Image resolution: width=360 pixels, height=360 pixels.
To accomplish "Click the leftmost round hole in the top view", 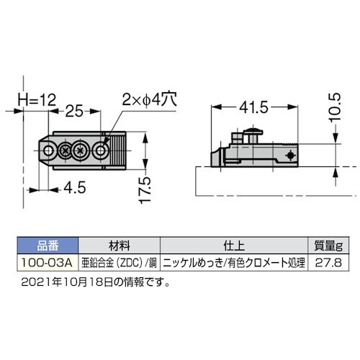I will pyautogui.click(x=50, y=151).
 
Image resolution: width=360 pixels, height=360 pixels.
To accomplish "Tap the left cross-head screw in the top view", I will pyautogui.click(x=67, y=151).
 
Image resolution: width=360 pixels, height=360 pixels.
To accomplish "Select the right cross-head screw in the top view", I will pyautogui.click(x=81, y=151).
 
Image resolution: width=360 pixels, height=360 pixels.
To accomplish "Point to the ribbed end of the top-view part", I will pyautogui.click(x=118, y=151).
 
